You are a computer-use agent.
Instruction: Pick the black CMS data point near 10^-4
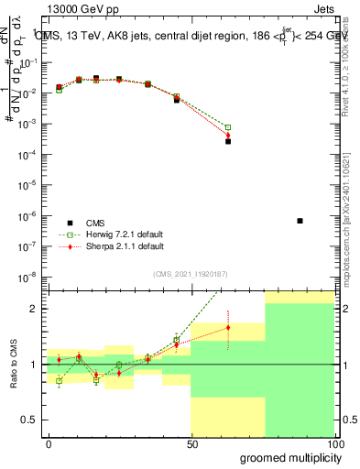tap(228, 141)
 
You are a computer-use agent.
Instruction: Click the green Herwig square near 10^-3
tap(228, 127)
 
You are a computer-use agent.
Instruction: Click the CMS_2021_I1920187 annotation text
tap(191, 273)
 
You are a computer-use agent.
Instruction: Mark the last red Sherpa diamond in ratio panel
tap(228, 327)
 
